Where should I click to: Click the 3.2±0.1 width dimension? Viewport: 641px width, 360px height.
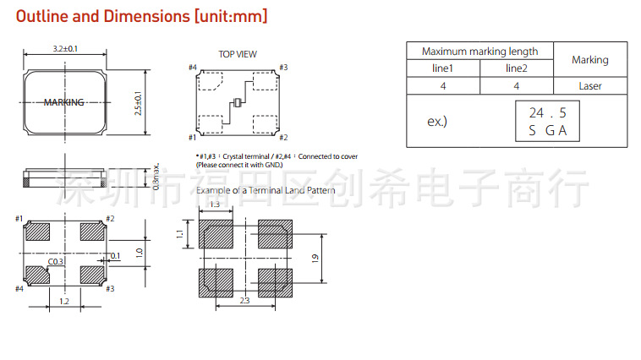pyautogui.click(x=65, y=49)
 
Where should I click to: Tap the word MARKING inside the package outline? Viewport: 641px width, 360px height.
pyautogui.click(x=64, y=102)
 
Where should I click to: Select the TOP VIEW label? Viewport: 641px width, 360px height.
pyautogui.click(x=237, y=54)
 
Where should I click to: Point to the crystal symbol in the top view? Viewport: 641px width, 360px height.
pyautogui.click(x=238, y=102)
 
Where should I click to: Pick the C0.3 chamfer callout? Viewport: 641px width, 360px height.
pyautogui.click(x=56, y=262)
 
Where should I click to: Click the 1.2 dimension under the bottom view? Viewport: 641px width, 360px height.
pyautogui.click(x=64, y=301)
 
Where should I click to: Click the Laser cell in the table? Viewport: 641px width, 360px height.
pyautogui.click(x=589, y=85)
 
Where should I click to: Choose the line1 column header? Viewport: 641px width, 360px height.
pyautogui.click(x=443, y=68)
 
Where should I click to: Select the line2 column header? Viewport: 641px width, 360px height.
pyautogui.click(x=517, y=68)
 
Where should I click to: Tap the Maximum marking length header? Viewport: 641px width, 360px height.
pyautogui.click(x=479, y=52)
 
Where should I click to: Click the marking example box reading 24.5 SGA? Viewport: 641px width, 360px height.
pyautogui.click(x=548, y=121)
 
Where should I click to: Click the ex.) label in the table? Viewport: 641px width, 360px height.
pyautogui.click(x=437, y=122)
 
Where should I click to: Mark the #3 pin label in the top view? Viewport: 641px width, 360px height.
pyautogui.click(x=283, y=67)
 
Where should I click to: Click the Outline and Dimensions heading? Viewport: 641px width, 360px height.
pyautogui.click(x=141, y=16)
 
